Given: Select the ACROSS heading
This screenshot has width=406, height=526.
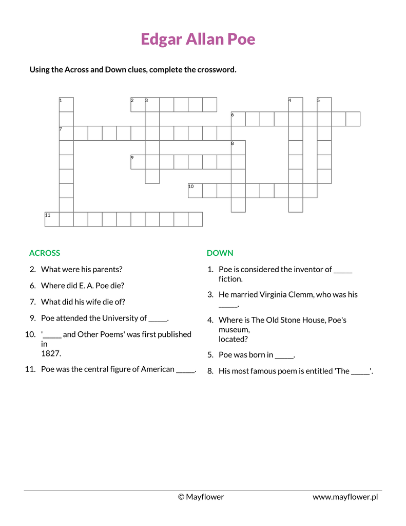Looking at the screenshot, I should [x=45, y=253].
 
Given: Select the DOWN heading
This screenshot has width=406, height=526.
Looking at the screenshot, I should [x=220, y=253].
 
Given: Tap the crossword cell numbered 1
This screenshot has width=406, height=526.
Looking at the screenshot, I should [x=66, y=104].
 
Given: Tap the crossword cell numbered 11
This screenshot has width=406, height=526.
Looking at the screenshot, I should [x=52, y=219].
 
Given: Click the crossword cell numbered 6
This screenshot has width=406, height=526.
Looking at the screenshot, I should [x=238, y=119].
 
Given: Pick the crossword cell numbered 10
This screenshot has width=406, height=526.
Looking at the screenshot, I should [x=195, y=191].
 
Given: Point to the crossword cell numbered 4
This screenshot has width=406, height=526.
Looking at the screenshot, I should [x=295, y=104].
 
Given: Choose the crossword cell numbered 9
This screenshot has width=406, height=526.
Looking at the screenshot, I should [x=138, y=162].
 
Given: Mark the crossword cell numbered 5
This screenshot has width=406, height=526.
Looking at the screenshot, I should [x=324, y=104].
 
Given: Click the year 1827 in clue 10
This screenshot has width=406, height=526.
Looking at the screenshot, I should [x=51, y=353].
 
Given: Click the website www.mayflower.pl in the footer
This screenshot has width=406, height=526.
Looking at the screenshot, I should [x=345, y=497].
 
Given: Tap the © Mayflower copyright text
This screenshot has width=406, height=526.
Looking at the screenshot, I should [x=201, y=497].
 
